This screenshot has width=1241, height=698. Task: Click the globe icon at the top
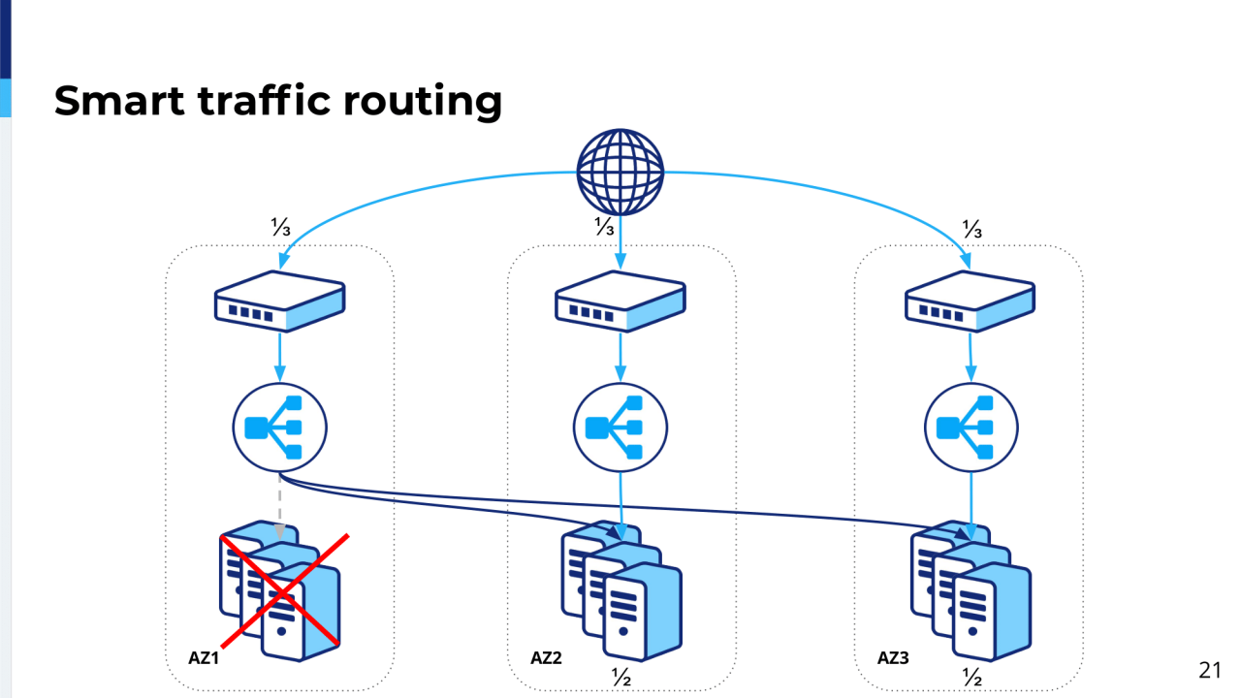click(620, 172)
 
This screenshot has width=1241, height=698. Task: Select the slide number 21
click(1209, 670)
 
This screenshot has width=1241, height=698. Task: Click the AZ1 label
click(205, 658)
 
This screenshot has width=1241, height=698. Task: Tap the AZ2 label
click(546, 658)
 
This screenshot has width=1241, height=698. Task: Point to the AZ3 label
click(893, 658)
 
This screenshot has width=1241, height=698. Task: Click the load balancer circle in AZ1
click(280, 427)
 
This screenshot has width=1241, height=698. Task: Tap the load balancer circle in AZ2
click(620, 427)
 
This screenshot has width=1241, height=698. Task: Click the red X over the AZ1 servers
click(284, 589)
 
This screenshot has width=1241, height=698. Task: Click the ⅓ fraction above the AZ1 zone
click(280, 228)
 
